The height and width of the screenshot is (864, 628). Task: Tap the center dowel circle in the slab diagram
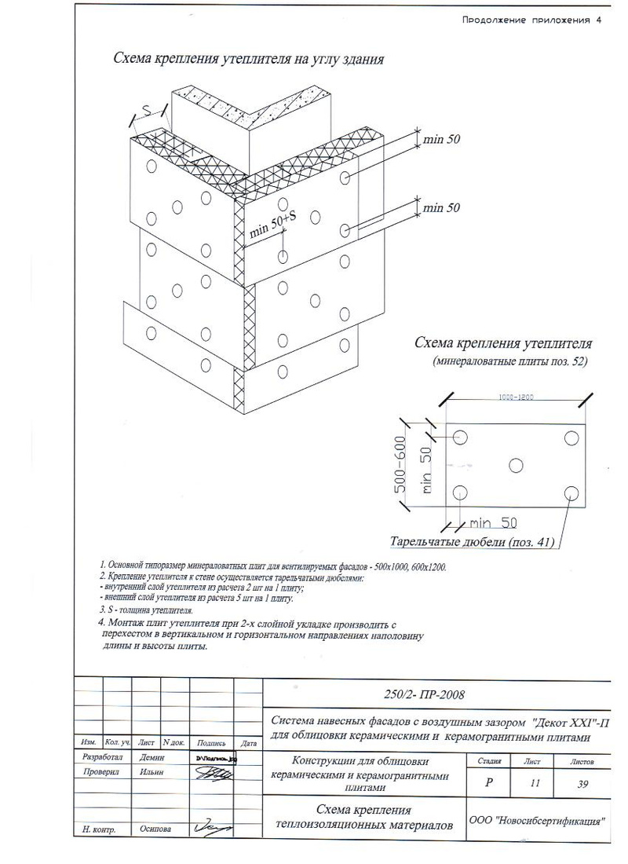pos(515,465)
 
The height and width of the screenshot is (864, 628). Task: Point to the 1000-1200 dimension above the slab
pos(516,397)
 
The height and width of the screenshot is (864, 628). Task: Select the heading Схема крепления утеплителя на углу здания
pos(249,59)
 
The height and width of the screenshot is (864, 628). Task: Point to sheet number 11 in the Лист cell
pos(535,783)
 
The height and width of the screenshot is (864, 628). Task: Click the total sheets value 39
pos(582,783)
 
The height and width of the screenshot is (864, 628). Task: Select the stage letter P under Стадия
pos(490,783)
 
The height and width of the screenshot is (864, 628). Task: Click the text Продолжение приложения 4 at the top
pos(531,20)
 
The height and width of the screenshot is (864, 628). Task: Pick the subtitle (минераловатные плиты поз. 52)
pos(509,362)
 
